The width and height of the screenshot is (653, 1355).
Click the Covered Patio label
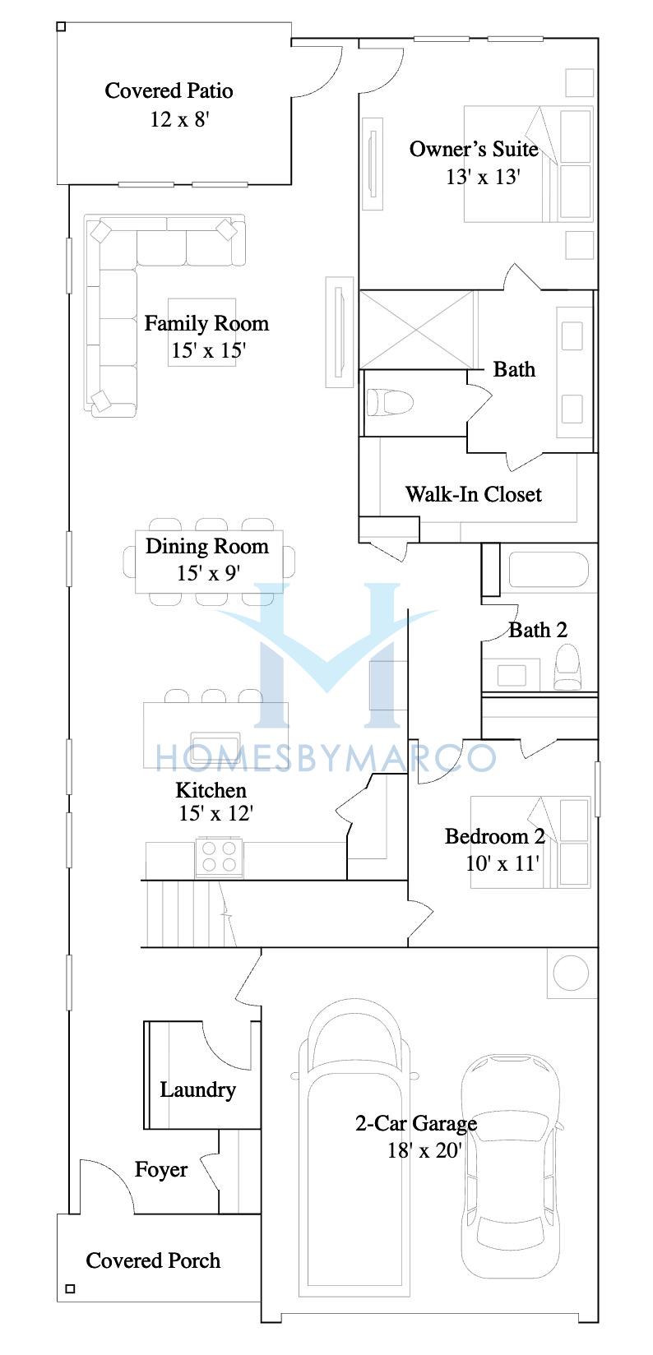(x=169, y=90)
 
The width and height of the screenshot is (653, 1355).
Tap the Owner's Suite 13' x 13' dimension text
(x=483, y=177)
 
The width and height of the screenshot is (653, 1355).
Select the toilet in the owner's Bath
(x=390, y=402)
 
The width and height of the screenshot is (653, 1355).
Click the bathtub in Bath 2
(x=549, y=569)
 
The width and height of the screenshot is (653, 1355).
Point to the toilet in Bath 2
(x=567, y=667)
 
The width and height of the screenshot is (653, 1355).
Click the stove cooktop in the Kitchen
(x=219, y=858)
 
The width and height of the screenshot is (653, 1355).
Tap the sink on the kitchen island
(x=215, y=743)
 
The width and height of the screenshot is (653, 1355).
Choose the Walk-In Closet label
(x=473, y=494)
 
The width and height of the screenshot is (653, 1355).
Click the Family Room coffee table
(x=202, y=332)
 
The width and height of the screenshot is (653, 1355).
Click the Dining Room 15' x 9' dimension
(x=208, y=573)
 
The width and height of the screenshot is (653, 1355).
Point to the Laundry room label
(x=198, y=1089)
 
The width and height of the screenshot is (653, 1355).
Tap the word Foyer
(x=161, y=1169)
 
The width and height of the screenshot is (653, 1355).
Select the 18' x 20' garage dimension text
(x=424, y=1150)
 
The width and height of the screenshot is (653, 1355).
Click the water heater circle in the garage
(x=571, y=973)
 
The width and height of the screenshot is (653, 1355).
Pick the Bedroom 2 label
(x=495, y=836)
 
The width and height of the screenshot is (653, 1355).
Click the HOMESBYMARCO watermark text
(x=326, y=758)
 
